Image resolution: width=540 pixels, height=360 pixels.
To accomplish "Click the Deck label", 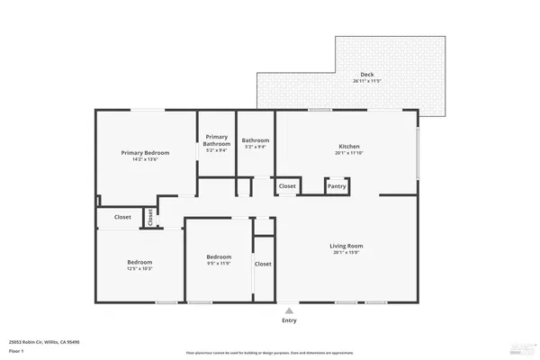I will [367, 75].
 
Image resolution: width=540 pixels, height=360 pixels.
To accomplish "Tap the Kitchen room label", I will [349, 147].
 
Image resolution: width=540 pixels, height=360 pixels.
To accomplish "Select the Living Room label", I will [346, 246].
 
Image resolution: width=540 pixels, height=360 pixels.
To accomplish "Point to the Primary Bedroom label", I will [145, 152].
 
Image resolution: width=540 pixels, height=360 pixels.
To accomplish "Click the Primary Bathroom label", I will [216, 140].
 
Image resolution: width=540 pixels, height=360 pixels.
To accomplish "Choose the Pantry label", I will [337, 186].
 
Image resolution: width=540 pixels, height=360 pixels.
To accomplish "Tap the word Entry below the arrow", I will [289, 320].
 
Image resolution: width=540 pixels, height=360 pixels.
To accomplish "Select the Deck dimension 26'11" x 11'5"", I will [367, 82].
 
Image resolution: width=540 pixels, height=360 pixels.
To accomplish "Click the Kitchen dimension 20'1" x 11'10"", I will [349, 154].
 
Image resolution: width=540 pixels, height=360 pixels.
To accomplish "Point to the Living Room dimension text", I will [346, 253].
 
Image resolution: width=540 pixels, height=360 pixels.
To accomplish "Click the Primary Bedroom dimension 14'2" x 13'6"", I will [145, 159].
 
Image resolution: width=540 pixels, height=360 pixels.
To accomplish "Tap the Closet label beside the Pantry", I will [287, 186].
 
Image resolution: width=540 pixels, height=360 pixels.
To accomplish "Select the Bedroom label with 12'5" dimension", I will [139, 262].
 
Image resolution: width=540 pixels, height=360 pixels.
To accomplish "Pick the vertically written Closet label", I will [150, 217].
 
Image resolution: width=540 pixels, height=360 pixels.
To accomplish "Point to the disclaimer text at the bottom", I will [269, 353].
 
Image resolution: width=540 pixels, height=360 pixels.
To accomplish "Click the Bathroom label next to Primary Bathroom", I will [256, 140].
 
